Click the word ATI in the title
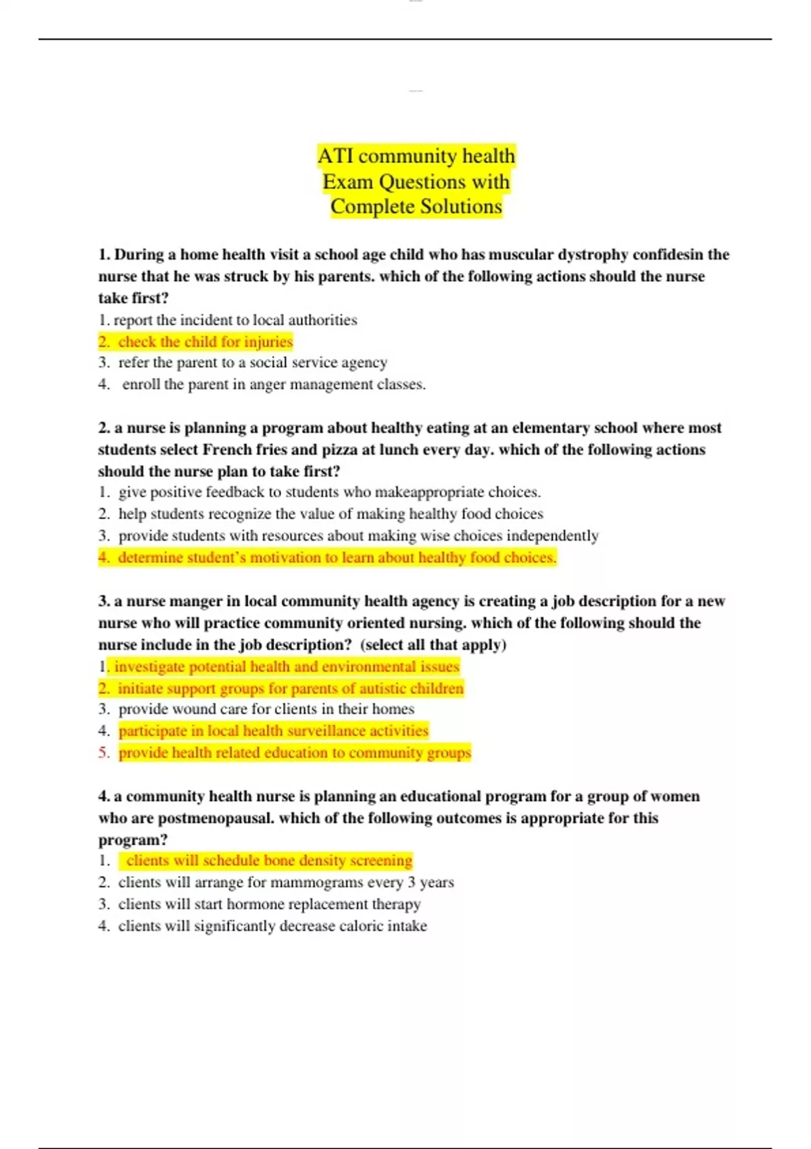(x=335, y=156)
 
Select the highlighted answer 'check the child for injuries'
(x=205, y=342)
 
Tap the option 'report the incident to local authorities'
(x=235, y=320)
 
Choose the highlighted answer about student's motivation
(x=337, y=558)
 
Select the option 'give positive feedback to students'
(x=329, y=492)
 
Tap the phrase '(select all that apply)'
(x=433, y=645)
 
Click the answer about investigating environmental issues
(x=287, y=667)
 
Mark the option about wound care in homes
(x=266, y=709)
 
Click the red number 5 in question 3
(x=103, y=753)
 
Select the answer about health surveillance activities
(x=273, y=731)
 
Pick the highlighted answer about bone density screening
(x=268, y=860)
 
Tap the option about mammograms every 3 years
(x=285, y=883)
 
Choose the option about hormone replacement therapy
(x=269, y=904)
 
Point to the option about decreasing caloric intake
(x=272, y=926)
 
